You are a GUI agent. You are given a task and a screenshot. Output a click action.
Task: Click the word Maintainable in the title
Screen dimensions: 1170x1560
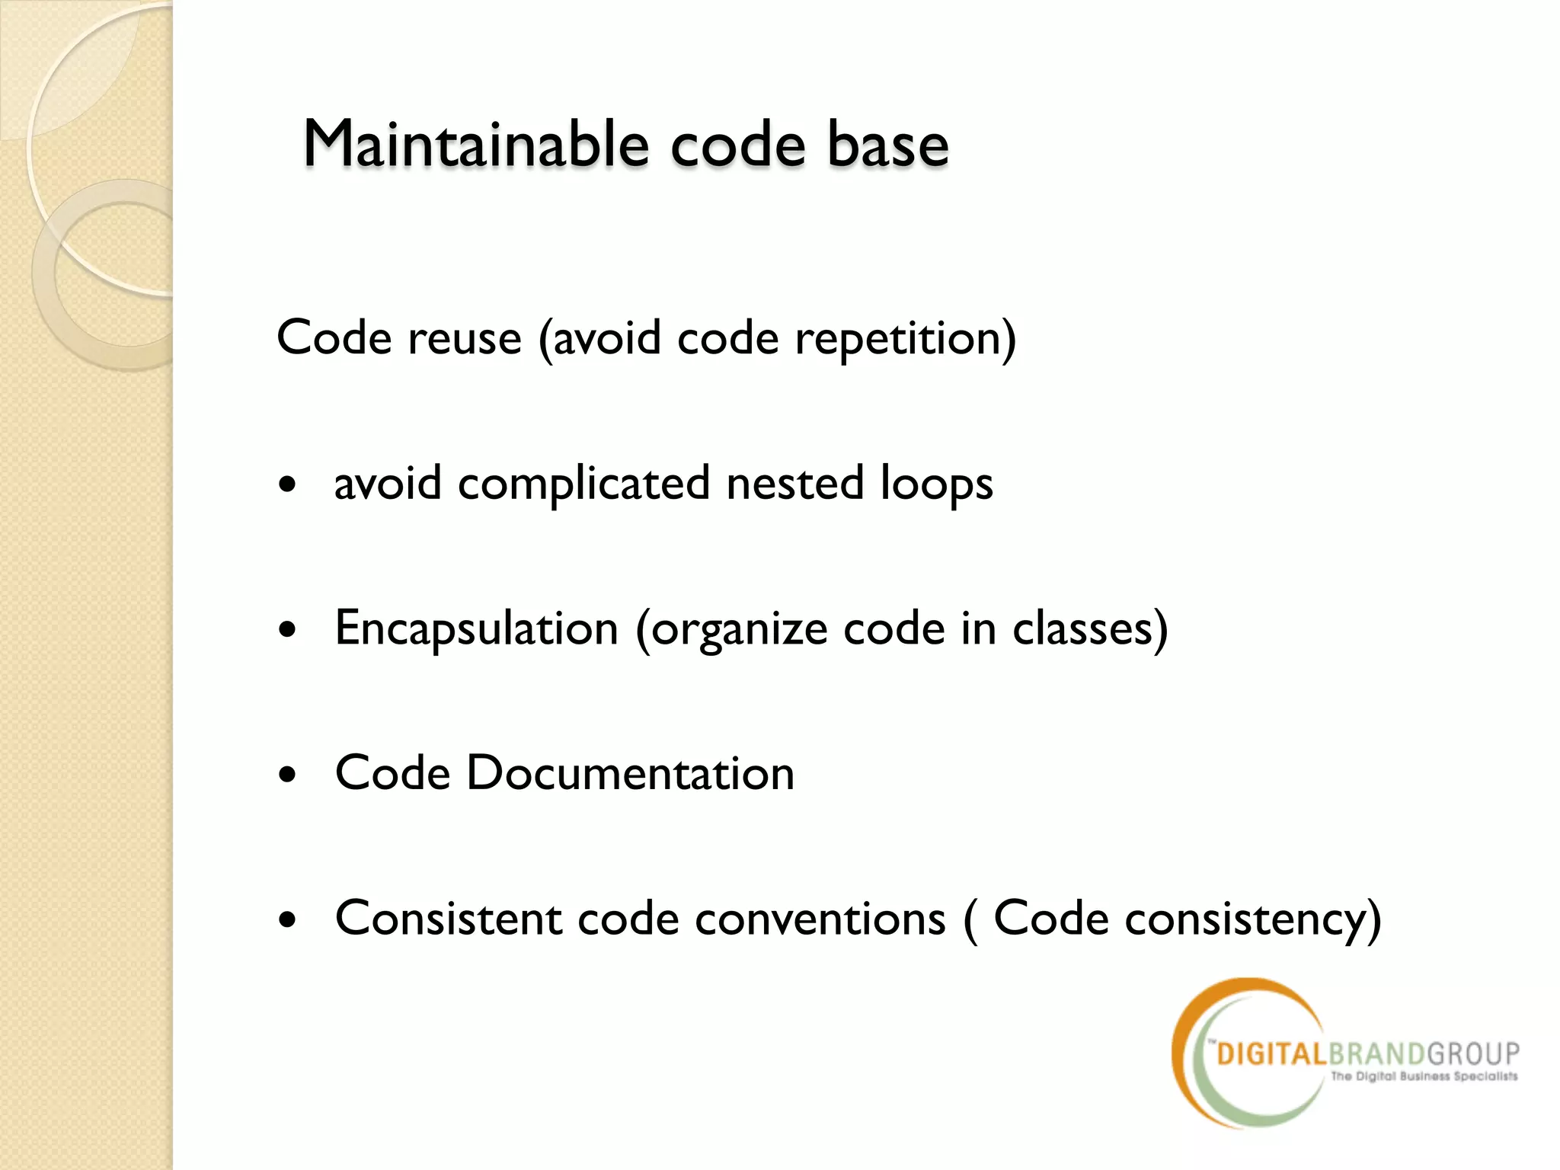click(x=476, y=144)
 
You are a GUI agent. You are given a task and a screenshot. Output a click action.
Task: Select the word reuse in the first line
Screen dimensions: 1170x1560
click(x=465, y=339)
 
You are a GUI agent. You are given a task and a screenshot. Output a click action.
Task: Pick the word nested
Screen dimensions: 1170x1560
click(x=794, y=484)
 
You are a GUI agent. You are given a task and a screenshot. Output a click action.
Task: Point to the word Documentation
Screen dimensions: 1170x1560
click(x=630, y=774)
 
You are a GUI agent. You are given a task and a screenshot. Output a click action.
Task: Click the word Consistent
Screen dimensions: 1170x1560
click(x=448, y=919)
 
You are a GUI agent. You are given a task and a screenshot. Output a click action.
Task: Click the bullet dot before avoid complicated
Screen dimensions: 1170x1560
click(x=287, y=485)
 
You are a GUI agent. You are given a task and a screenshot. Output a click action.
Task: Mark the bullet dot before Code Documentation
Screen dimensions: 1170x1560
click(x=287, y=775)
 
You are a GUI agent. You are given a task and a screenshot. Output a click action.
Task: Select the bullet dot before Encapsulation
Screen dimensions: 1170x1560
click(x=287, y=631)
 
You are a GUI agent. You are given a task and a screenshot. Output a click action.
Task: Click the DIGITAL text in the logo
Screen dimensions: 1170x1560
click(x=1272, y=1054)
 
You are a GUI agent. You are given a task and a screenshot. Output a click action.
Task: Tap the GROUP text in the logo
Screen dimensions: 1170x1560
click(x=1473, y=1054)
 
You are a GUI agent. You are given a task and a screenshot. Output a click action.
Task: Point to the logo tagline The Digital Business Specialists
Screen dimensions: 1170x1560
click(x=1424, y=1076)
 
